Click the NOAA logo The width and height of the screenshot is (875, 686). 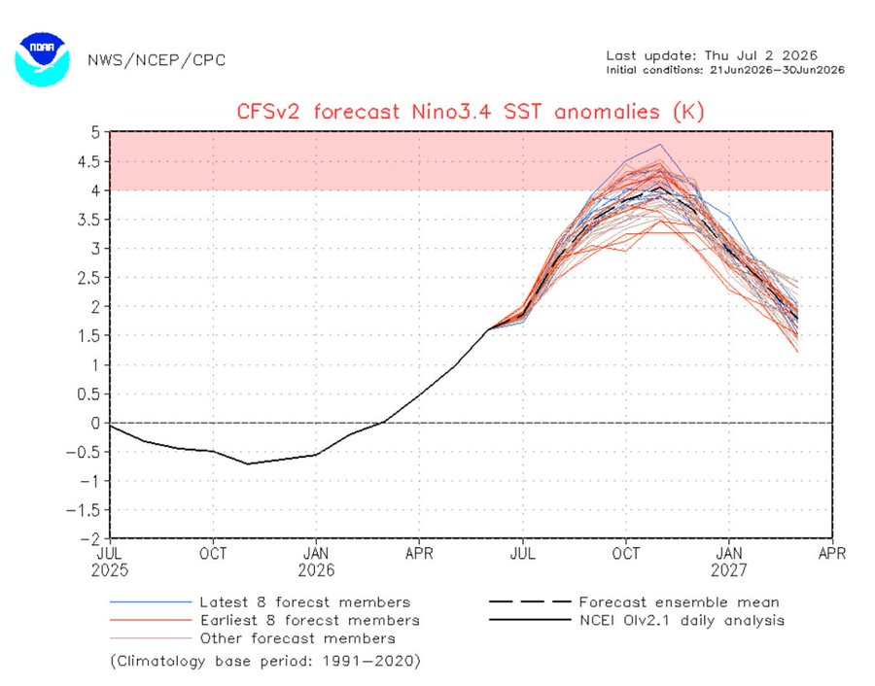tap(43, 59)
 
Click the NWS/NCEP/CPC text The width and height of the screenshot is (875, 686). tap(157, 60)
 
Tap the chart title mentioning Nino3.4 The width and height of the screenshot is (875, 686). tap(471, 112)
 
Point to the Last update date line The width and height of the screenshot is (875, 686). tap(712, 55)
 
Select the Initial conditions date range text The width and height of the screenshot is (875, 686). tap(725, 70)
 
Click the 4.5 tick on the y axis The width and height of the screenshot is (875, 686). tap(89, 161)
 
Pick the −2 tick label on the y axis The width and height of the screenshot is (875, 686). tap(90, 538)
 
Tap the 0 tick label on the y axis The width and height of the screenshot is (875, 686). tap(96, 423)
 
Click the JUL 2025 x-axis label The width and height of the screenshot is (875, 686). tap(110, 562)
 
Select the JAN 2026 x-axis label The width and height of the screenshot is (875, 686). tap(316, 562)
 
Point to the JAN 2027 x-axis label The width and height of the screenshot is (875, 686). tap(729, 562)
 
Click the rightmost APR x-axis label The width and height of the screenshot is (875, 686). tap(832, 553)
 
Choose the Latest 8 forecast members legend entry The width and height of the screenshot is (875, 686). tap(260, 602)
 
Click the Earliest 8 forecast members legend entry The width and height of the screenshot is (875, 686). tap(264, 620)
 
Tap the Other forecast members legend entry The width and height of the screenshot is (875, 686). tap(252, 638)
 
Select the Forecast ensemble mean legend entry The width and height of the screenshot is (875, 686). tap(634, 602)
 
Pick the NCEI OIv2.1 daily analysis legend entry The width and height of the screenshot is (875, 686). tap(637, 620)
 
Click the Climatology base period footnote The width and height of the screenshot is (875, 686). tap(265, 662)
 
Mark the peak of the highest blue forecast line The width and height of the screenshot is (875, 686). tap(660, 145)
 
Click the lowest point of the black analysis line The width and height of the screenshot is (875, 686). tap(248, 464)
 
